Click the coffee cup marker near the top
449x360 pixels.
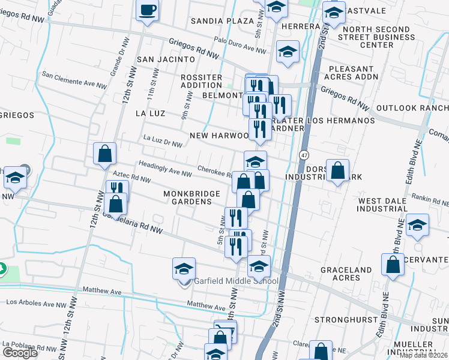[148, 10]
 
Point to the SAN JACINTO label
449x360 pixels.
[166, 59]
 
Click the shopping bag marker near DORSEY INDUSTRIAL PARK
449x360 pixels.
[338, 170]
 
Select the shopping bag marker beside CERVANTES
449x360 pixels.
[393, 265]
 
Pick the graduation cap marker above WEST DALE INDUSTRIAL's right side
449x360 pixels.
[417, 224]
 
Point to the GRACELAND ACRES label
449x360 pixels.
[346, 274]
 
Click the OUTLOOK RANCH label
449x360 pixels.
[412, 108]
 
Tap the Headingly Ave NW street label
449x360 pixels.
[165, 167]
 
